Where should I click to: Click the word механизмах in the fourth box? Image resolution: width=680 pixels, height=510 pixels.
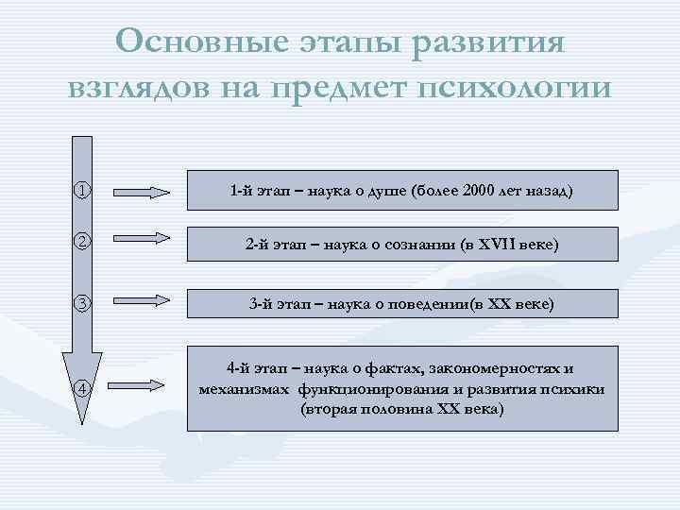(x=244, y=389)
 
